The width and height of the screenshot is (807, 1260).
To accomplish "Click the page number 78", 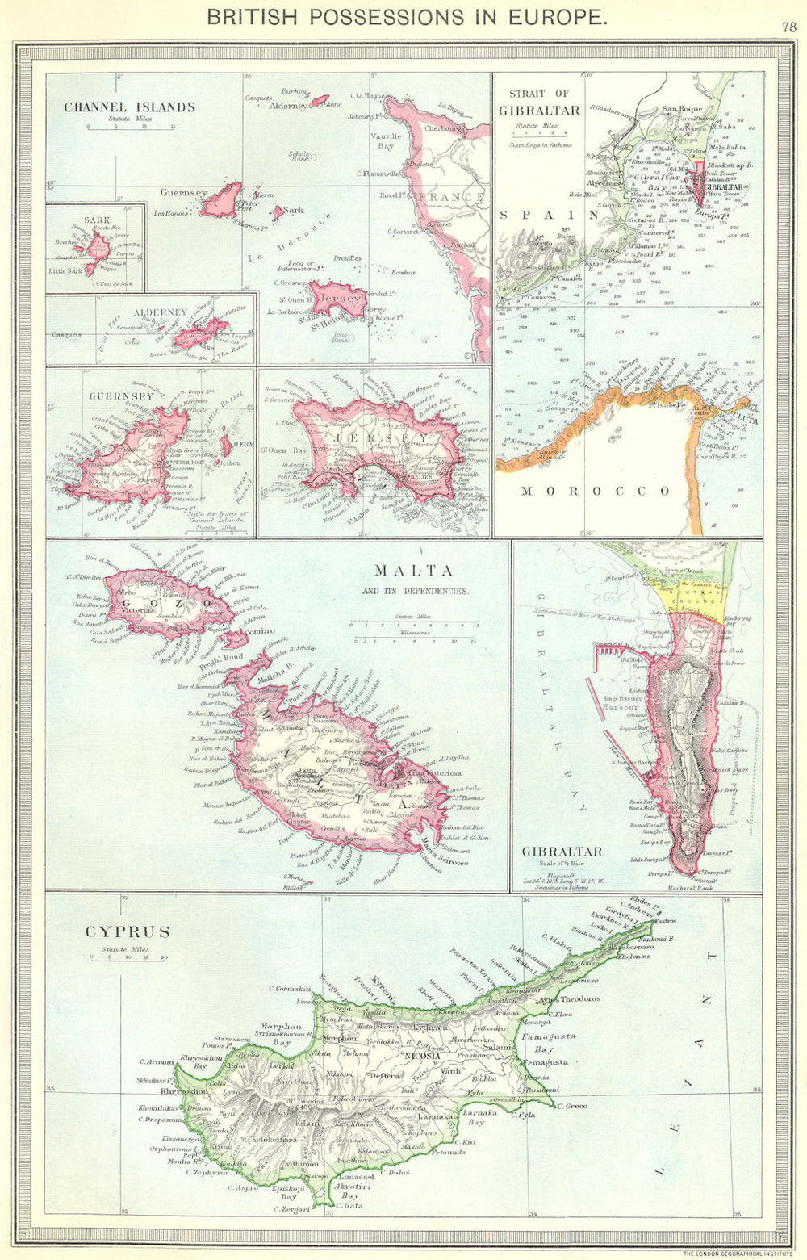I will [x=790, y=27].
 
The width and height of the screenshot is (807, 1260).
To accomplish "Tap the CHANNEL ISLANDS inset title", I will [x=129, y=107].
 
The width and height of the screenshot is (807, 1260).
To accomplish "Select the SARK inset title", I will [x=96, y=220].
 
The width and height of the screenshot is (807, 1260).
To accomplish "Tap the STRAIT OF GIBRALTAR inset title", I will [x=539, y=103].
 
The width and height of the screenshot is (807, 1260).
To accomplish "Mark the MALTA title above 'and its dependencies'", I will [x=413, y=571].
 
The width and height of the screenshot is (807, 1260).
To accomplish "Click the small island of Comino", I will [x=235, y=639].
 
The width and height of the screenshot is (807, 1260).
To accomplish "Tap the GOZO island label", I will [x=165, y=602].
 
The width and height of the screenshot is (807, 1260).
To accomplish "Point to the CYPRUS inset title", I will [x=128, y=932].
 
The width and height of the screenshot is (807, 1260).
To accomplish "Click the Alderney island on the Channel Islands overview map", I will [x=320, y=101].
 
